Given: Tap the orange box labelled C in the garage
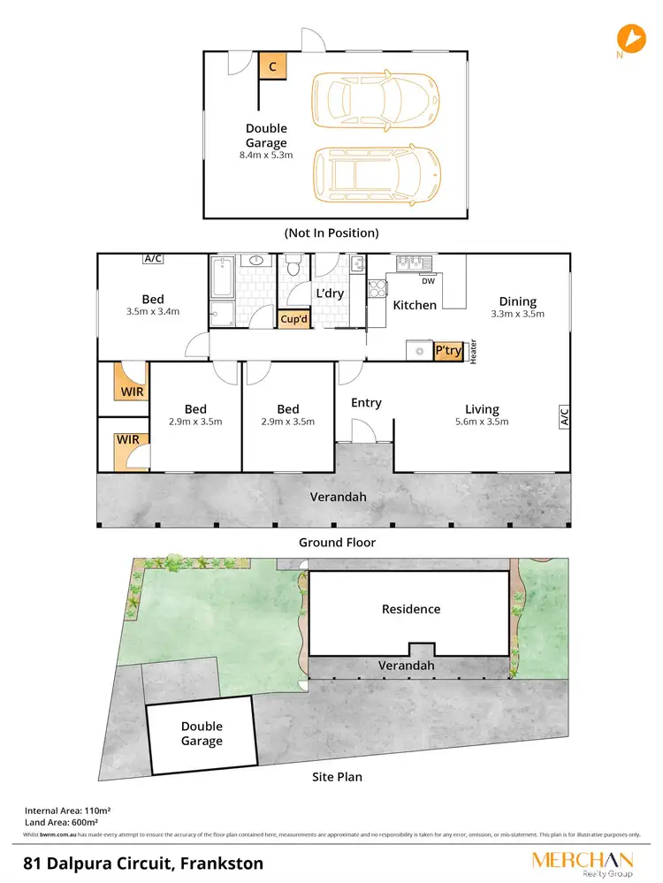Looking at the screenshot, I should coord(273,66).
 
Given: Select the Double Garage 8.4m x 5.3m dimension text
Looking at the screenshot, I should coord(266,155).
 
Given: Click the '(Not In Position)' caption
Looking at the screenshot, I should coord(331,233).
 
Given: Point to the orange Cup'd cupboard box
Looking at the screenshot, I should coord(293,320).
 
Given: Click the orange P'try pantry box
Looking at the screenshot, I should coord(447,351).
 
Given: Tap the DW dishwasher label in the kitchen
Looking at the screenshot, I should coord(428,282).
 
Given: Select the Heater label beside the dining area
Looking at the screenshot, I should coord(474,352).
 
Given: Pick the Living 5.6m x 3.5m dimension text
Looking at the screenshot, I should coord(482,422).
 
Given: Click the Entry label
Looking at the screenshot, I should coord(366,403).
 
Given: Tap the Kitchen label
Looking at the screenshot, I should coord(415,305).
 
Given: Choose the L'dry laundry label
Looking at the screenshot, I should coord(330,292).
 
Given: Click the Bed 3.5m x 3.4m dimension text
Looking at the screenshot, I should coord(153,311).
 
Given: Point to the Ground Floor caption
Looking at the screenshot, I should coord(337,543).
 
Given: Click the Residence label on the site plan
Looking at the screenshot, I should coord(410,609).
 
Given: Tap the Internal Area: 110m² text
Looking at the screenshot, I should coord(66,810).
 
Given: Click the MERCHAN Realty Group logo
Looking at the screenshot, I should coord(582,864).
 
